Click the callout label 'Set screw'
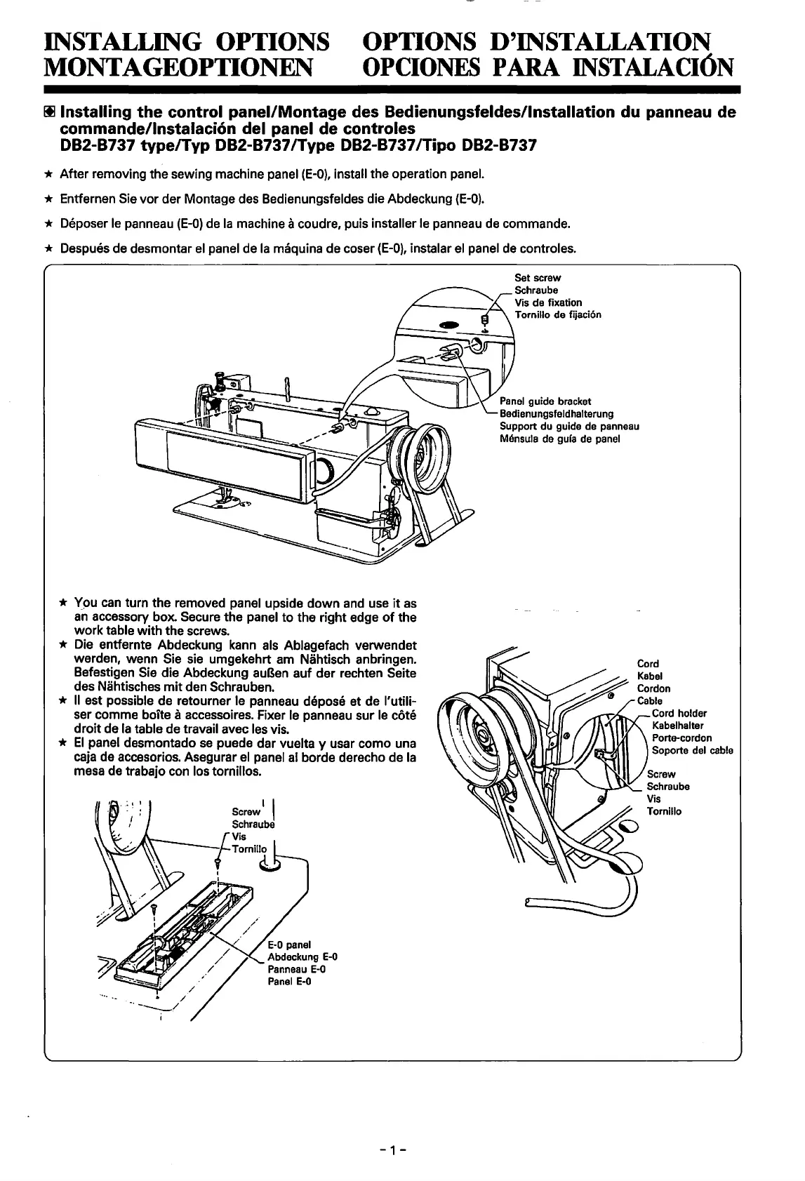(538, 277)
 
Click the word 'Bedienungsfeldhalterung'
(556, 414)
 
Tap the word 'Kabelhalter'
(677, 726)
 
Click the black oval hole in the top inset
(448, 324)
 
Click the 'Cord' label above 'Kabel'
(647, 663)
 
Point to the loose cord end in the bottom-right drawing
(533, 901)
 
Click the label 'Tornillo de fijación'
(557, 314)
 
